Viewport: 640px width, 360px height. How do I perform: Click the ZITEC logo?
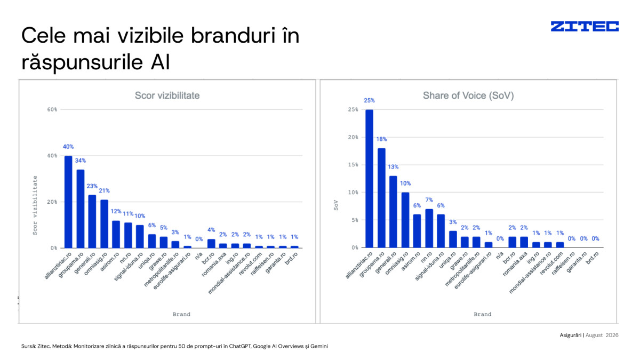click(585, 26)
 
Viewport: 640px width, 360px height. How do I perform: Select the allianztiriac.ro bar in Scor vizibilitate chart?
click(68, 202)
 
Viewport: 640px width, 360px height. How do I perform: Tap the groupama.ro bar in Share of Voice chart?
click(381, 198)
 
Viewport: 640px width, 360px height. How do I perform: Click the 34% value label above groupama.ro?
click(81, 161)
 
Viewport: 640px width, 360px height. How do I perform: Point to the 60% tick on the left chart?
click(52, 109)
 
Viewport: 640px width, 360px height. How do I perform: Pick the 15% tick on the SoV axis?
click(353, 165)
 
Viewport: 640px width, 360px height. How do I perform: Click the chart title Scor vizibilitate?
click(167, 95)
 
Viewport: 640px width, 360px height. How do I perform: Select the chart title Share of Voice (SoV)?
click(468, 95)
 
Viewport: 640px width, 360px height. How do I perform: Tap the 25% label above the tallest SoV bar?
click(369, 101)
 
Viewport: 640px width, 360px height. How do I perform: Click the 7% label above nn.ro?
click(429, 200)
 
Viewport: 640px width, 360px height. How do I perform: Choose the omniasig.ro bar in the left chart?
click(105, 223)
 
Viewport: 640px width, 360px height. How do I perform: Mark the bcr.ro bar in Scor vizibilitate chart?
click(211, 243)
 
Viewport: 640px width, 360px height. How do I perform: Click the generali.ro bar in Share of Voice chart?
click(393, 212)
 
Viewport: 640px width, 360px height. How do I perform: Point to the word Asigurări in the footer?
click(570, 335)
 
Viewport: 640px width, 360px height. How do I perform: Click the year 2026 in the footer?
click(612, 335)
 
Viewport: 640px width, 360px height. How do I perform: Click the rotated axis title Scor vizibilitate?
click(35, 205)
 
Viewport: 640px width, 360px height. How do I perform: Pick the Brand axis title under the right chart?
click(483, 314)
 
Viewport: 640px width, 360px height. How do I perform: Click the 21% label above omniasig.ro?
click(105, 190)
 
